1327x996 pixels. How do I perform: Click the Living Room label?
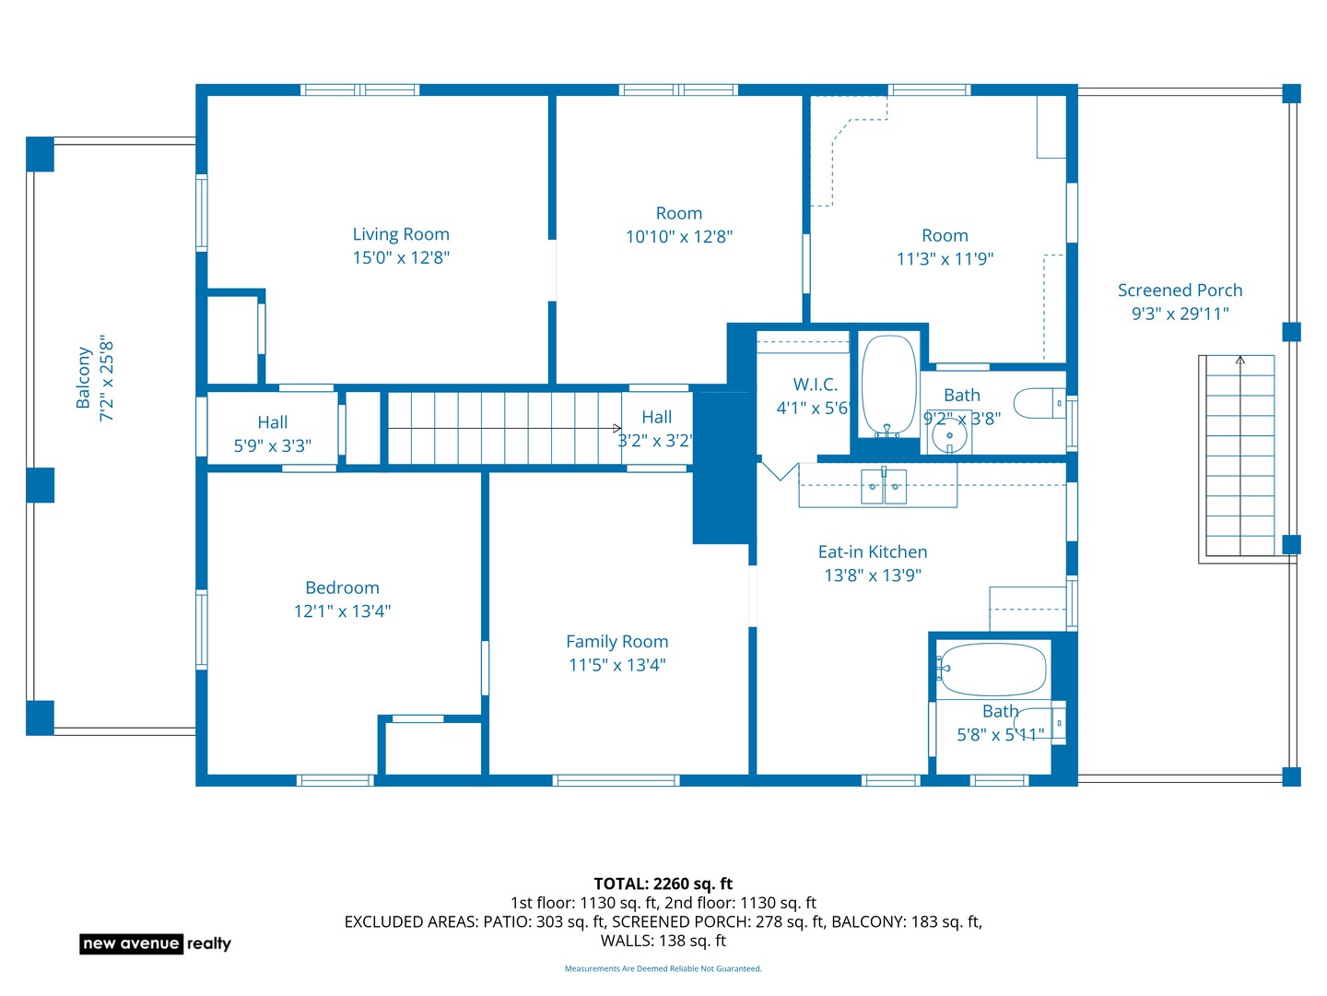click(401, 234)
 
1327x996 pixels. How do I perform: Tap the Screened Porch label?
click(1180, 290)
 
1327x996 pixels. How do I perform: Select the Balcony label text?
click(83, 377)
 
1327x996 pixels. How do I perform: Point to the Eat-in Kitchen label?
click(873, 551)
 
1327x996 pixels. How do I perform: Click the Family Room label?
click(617, 641)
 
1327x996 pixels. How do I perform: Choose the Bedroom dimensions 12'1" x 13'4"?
click(342, 611)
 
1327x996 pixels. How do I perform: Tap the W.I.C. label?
click(815, 385)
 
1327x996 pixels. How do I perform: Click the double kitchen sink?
click(883, 486)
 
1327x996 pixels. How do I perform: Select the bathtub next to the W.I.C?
click(888, 385)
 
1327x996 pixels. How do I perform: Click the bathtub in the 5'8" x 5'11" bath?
click(993, 669)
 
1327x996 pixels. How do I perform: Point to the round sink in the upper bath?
click(949, 435)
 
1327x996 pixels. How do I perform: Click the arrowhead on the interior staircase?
click(617, 428)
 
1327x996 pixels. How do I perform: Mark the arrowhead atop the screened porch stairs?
click(1240, 361)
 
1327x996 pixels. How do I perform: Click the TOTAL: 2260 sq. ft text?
click(663, 883)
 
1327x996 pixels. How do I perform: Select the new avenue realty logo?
click(156, 943)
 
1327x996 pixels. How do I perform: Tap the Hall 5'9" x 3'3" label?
click(272, 433)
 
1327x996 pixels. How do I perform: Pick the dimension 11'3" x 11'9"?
click(945, 259)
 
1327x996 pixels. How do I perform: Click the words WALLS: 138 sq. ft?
click(663, 941)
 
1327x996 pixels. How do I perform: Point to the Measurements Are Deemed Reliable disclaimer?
click(663, 968)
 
